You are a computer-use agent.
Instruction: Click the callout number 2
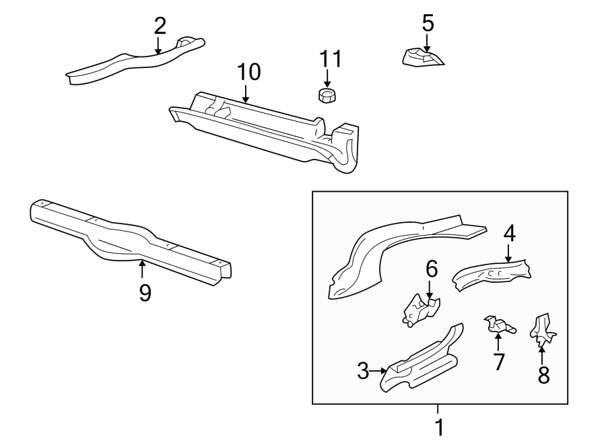pos(159,26)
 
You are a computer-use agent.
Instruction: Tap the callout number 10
pos(248,72)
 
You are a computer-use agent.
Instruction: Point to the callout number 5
pos(428,23)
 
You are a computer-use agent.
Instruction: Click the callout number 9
pos(144,292)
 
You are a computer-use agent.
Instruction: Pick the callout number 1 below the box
pos(438,427)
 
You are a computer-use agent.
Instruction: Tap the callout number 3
pos(363,370)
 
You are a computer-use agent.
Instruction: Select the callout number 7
pos(498,362)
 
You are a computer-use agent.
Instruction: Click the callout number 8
pos(543,374)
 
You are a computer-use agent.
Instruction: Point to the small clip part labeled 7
pos(499,325)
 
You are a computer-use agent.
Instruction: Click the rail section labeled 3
pos(423,360)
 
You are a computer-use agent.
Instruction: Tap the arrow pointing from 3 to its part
pos(379,370)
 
